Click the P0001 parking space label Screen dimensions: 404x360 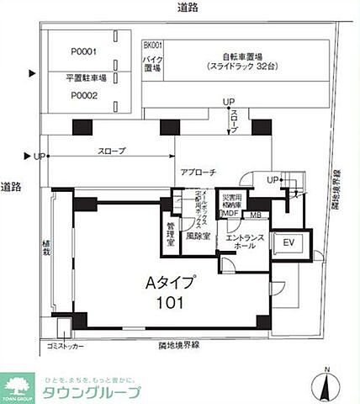(84, 51)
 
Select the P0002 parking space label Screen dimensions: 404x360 (84, 95)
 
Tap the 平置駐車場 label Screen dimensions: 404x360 (84, 77)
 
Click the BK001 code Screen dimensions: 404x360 (152, 45)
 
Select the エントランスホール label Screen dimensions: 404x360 (243, 243)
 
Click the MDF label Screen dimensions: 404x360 (230, 213)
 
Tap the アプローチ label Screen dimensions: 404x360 (199, 172)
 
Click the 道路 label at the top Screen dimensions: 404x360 (188, 8)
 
